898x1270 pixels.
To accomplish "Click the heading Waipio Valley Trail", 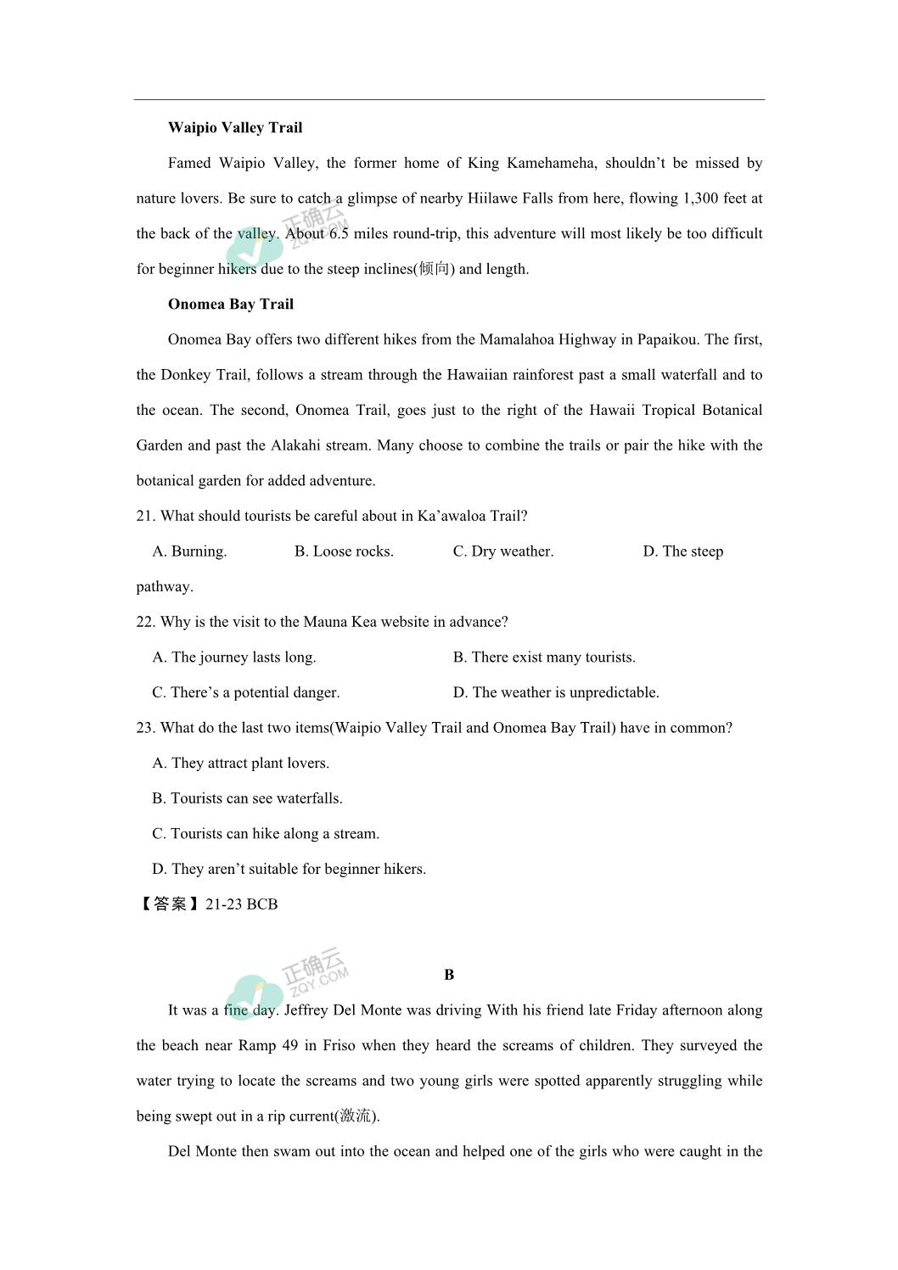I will point(235,128).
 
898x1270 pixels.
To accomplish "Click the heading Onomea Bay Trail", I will point(231,305).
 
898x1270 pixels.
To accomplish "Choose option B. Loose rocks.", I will point(344,551).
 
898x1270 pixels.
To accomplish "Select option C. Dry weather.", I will point(502,551).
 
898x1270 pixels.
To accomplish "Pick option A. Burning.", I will point(189,551).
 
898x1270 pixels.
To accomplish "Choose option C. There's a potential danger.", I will point(246,692).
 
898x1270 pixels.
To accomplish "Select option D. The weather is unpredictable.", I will point(556,692).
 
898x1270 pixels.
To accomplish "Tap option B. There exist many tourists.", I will point(544,657).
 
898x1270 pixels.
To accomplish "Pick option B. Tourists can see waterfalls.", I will point(247,798).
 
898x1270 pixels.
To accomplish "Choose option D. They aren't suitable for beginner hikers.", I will point(289,869).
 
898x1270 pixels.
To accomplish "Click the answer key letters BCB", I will point(262,904).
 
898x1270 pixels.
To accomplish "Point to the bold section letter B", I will point(449,976).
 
